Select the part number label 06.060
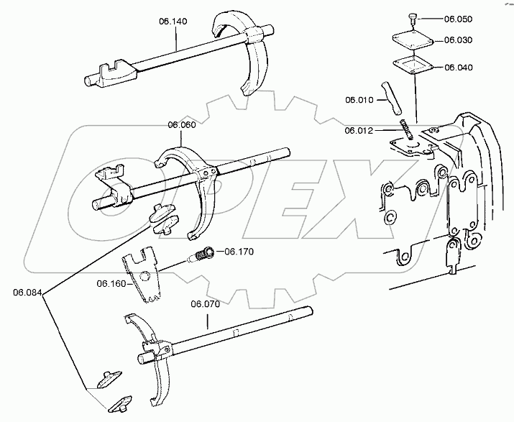click(182, 124)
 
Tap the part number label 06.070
click(205, 304)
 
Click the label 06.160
click(111, 283)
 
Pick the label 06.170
click(239, 252)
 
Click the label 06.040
click(459, 67)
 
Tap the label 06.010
click(359, 100)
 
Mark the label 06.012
click(359, 130)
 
